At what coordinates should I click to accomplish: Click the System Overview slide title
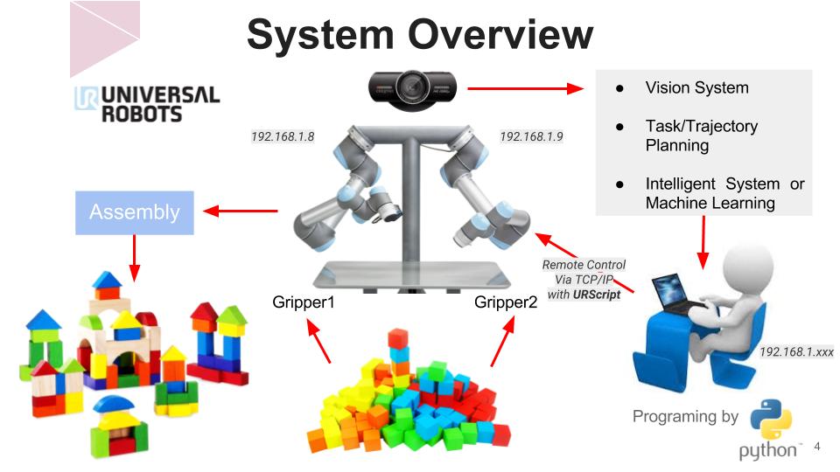point(420,36)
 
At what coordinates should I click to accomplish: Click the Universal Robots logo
point(147,103)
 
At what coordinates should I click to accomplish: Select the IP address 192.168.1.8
point(283,136)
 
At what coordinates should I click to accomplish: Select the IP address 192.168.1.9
point(531,136)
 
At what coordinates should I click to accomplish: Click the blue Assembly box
point(134,212)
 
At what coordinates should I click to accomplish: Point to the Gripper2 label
point(506,303)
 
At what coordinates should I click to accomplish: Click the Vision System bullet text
point(696,87)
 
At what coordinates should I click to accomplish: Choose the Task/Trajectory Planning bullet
point(701,135)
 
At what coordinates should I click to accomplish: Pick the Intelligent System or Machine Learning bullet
point(724,193)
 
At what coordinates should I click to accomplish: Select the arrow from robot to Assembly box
point(240,210)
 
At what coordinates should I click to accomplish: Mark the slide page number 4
point(817,447)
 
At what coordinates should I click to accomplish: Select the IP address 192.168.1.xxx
point(795,351)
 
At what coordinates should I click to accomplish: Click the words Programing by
point(685,416)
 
